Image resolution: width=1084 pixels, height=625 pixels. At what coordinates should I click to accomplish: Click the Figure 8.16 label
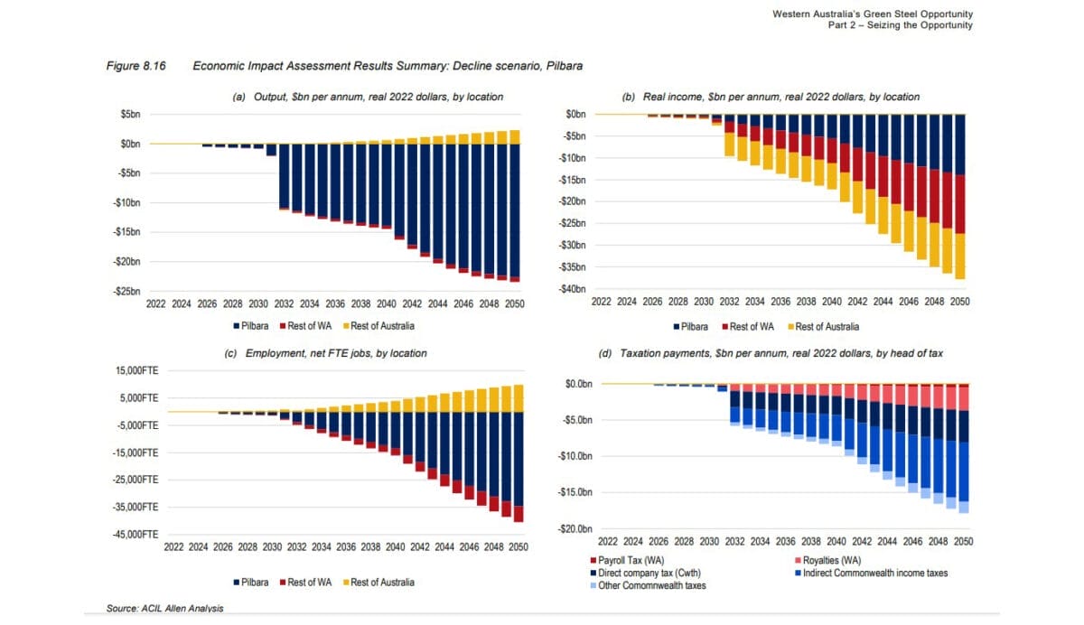pos(133,66)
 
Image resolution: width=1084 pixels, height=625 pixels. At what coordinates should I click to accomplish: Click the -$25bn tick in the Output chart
pos(126,292)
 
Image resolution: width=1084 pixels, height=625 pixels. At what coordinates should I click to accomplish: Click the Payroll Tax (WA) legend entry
pos(632,560)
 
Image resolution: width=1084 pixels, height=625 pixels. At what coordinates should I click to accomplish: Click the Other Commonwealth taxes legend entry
pos(646,585)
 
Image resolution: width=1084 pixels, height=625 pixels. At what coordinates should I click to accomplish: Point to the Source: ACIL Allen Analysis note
pos(164,609)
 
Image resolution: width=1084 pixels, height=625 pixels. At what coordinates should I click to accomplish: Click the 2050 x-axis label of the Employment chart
pos(519,547)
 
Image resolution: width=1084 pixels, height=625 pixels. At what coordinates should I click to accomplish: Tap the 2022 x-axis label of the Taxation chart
pos(607,541)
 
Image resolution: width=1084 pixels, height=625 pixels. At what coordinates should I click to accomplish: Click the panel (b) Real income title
pos(771,97)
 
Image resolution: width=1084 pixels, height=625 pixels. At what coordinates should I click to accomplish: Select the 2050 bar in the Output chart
pos(515,208)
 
